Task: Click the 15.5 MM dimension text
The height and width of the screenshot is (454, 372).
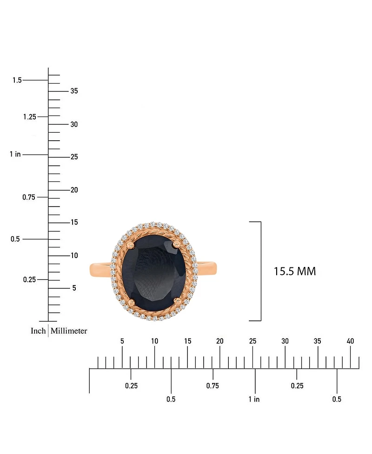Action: (295, 272)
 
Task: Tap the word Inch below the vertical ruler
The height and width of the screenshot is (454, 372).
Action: (38, 331)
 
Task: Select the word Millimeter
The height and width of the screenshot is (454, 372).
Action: (69, 331)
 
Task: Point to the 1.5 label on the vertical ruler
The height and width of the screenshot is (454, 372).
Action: (17, 80)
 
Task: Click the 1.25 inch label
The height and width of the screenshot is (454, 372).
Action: (29, 117)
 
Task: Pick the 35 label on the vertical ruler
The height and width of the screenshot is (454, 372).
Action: (74, 91)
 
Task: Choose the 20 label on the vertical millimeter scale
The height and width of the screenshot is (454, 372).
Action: (74, 190)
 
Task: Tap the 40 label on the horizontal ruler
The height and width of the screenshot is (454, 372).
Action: (350, 341)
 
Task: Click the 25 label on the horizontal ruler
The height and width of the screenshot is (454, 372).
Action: (252, 341)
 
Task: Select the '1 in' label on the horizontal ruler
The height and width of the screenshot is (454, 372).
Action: (254, 399)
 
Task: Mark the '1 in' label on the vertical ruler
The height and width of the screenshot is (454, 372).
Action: (15, 154)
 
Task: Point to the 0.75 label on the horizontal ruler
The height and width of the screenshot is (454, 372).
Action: (213, 386)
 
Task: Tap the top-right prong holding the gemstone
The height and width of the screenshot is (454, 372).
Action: (176, 242)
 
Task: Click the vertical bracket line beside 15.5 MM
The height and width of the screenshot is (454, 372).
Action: (261, 272)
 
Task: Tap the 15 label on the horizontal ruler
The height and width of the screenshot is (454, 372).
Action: (187, 341)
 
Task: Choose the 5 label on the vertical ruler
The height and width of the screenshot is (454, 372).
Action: (74, 288)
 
